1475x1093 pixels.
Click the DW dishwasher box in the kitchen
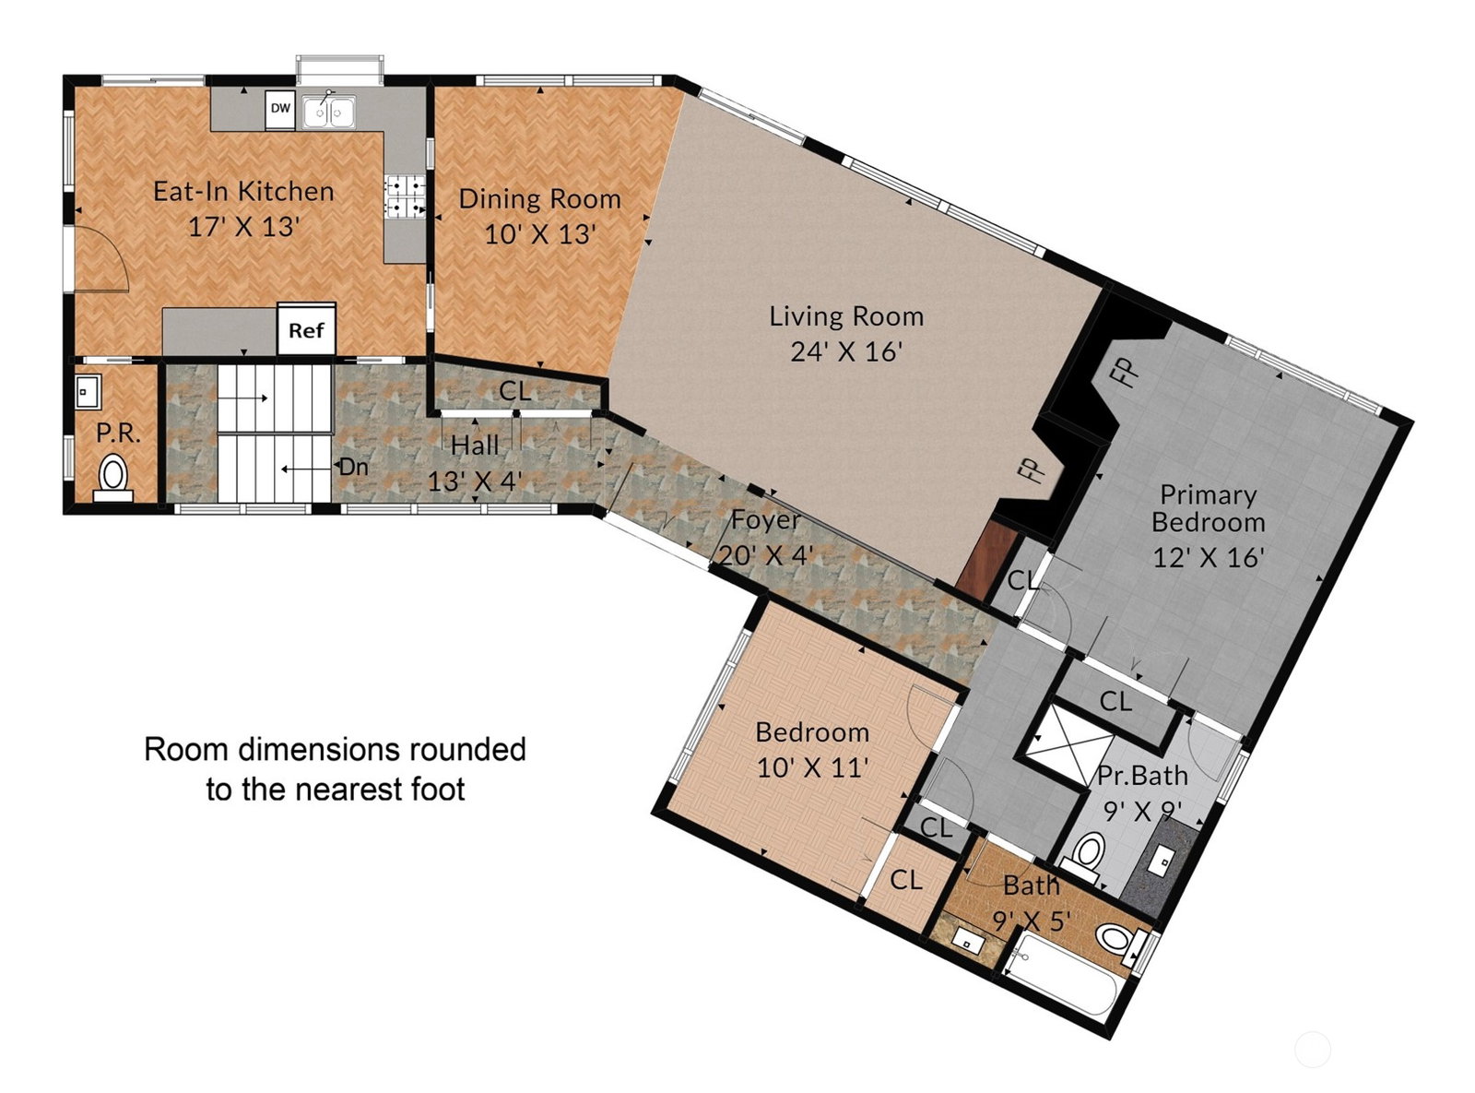280,109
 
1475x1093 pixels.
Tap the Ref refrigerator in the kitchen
306,330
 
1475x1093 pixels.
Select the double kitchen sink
329,112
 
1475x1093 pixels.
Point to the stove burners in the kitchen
405,196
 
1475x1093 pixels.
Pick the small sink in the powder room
87,391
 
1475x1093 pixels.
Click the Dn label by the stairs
353,467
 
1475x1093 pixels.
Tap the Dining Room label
539,199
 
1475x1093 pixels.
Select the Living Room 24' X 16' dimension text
846,351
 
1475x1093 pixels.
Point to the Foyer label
765,520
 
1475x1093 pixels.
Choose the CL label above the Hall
515,391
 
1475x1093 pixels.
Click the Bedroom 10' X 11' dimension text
813,769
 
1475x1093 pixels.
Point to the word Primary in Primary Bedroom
1208,495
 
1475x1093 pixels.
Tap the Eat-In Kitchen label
243,192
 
